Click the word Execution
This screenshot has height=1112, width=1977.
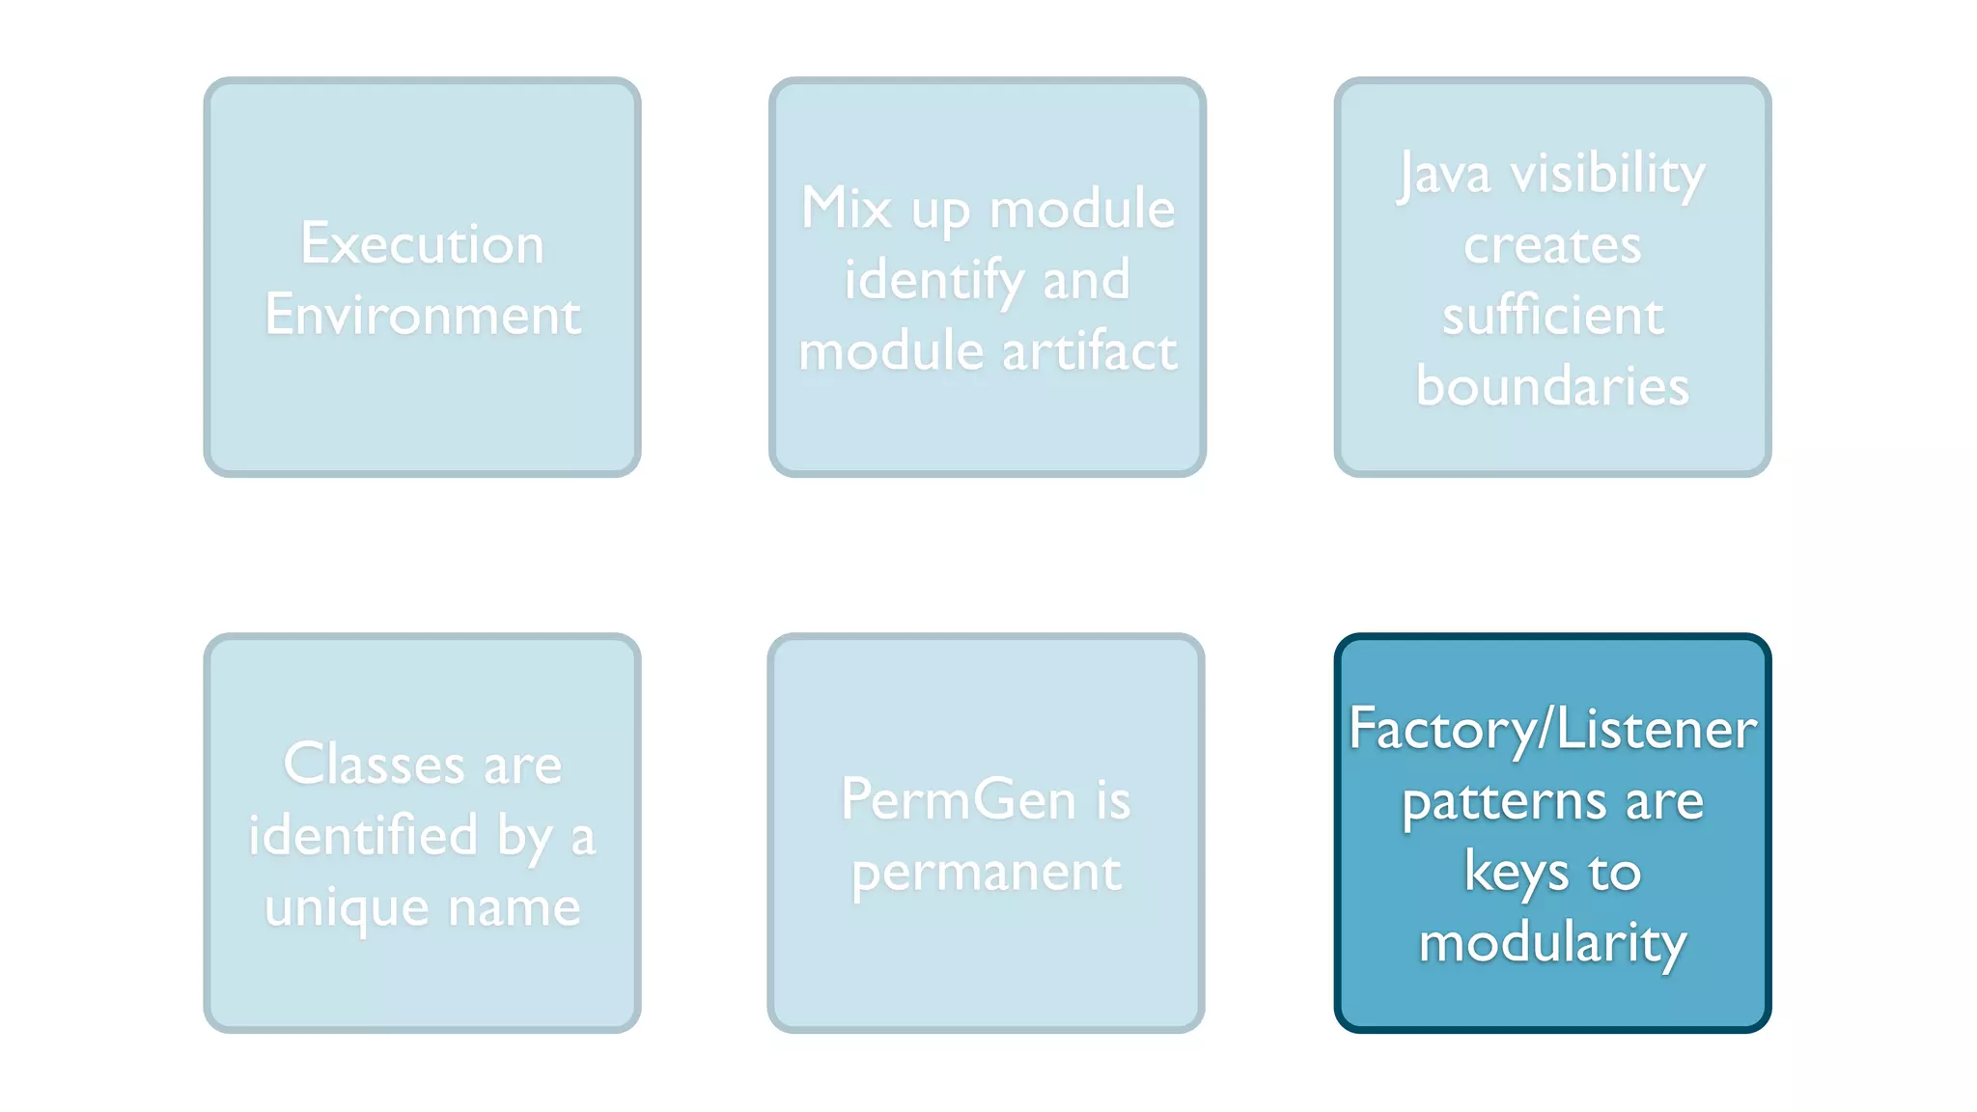[x=422, y=243]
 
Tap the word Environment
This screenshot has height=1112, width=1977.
[x=423, y=315]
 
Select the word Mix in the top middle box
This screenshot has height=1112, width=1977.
[x=846, y=208]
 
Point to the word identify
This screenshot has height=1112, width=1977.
[x=933, y=280]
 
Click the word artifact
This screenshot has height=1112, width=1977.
[x=1090, y=350]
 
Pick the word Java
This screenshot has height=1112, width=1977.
[x=1444, y=175]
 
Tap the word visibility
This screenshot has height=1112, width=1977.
[x=1607, y=175]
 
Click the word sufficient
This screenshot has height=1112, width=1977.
[x=1552, y=316]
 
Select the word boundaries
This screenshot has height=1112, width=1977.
[x=1552, y=386]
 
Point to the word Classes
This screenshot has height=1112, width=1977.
[x=374, y=764]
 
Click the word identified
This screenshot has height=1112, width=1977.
[x=363, y=835]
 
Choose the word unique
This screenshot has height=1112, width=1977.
[x=347, y=908]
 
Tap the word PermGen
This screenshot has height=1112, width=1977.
[x=958, y=799]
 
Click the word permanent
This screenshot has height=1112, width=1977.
[x=986, y=873]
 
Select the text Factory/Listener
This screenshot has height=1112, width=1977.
[x=1552, y=729]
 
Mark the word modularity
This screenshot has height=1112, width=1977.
[x=1552, y=943]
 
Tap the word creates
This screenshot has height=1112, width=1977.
[x=1552, y=245]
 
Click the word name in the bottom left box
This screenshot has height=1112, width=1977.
[x=514, y=908]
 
